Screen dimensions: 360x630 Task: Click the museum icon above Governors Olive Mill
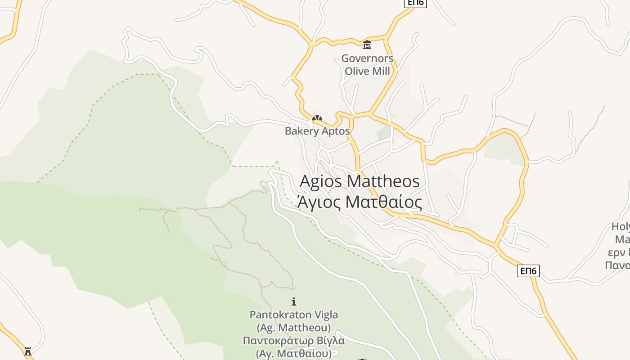pos(367,45)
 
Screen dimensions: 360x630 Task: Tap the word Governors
pos(367,58)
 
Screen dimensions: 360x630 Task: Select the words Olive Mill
pos(367,71)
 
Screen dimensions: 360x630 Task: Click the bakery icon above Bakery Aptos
pos(317,118)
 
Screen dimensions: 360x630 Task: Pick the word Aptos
pos(335,131)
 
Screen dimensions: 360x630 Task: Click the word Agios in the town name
pos(321,181)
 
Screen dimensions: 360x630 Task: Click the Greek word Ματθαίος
pos(383,202)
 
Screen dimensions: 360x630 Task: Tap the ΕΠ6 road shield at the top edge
pos(415,3)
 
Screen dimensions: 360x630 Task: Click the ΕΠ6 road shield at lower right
pos(528,270)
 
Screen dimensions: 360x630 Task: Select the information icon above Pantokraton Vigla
pos(294,301)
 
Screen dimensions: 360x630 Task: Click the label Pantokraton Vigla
pos(294,315)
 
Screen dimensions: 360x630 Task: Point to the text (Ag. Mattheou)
pos(294,327)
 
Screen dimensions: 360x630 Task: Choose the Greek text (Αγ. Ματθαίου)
pos(294,353)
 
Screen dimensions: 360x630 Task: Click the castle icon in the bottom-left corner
pos(28,351)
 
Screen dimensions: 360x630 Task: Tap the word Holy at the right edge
pos(621,227)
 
